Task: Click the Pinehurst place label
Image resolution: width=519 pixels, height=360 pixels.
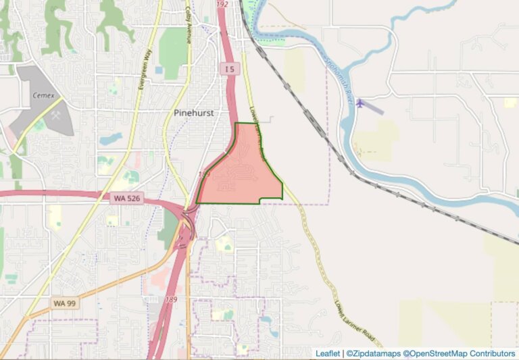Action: pos(193,113)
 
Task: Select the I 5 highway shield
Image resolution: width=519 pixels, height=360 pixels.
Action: pos(230,69)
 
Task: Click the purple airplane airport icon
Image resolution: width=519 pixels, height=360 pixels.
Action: pos(360,103)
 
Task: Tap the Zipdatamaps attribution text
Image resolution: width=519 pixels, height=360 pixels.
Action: pos(373,353)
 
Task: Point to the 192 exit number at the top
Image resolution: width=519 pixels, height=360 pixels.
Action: pos(222,4)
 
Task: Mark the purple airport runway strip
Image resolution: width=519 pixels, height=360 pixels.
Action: pos(373,107)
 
